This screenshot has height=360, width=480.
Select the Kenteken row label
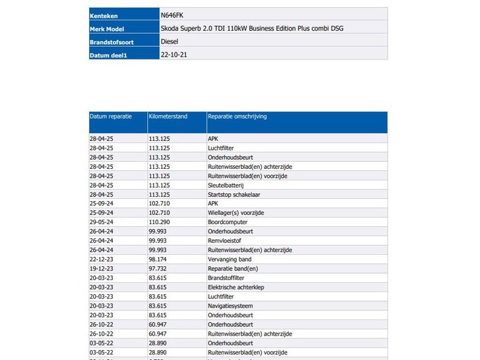click(104, 15)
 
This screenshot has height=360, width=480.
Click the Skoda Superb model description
click(252, 28)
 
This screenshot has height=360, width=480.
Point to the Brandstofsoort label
click(112, 41)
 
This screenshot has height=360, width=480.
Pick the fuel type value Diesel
click(170, 41)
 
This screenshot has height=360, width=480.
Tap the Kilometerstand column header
click(168, 116)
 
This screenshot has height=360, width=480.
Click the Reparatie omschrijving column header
click(237, 116)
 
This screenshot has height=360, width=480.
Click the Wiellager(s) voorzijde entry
click(236, 212)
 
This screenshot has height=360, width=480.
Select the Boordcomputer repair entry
click(228, 222)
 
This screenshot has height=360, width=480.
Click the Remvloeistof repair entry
click(226, 240)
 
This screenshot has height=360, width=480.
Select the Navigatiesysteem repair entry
click(231, 305)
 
